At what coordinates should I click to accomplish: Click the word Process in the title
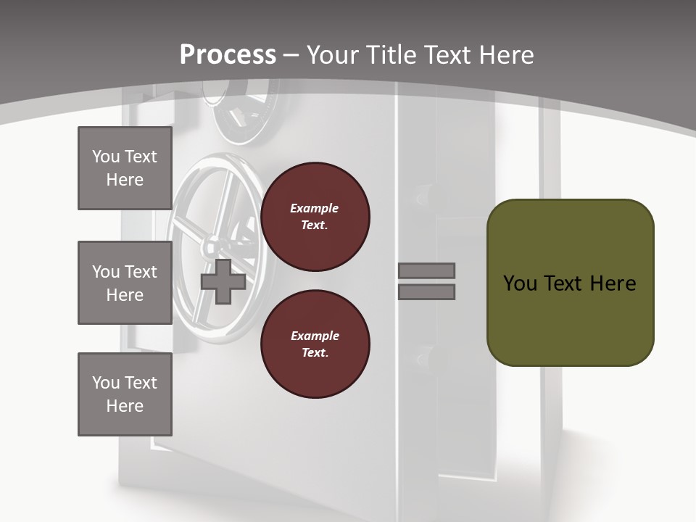[228, 55]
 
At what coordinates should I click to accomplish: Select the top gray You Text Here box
[125, 168]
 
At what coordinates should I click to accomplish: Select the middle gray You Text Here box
[125, 283]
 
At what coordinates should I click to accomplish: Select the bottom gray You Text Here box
[125, 394]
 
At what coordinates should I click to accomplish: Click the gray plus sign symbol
[223, 282]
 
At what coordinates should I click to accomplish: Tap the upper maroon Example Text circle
[315, 217]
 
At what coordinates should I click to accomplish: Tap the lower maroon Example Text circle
[315, 344]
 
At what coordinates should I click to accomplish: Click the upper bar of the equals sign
[426, 271]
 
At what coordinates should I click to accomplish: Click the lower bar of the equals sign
[426, 292]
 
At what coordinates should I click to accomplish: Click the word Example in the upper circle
[315, 208]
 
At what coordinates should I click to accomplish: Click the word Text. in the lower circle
[315, 352]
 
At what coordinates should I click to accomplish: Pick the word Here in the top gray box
[125, 180]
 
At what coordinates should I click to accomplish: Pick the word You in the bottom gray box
[106, 383]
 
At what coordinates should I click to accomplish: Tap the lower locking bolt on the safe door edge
[424, 356]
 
